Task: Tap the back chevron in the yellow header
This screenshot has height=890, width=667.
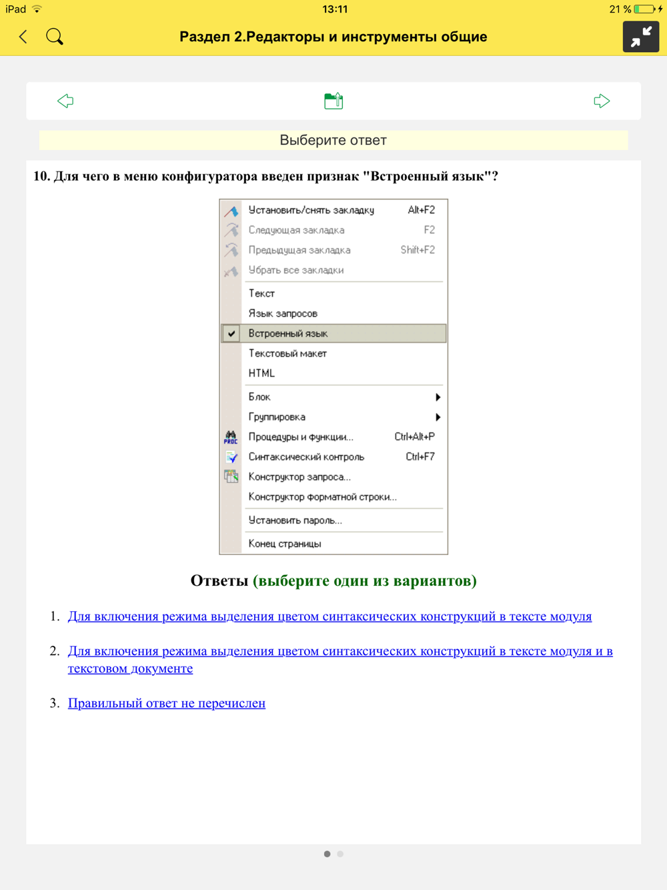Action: point(23,37)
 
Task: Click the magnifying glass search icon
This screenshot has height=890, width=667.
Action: point(55,37)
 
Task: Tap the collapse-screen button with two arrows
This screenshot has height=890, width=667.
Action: point(640,37)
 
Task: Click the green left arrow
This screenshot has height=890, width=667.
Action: point(65,101)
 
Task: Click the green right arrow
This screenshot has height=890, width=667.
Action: point(602,101)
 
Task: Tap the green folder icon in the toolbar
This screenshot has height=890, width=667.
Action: point(333,101)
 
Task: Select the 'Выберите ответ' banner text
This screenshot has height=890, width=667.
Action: point(333,140)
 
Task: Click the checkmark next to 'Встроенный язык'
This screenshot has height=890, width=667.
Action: point(231,334)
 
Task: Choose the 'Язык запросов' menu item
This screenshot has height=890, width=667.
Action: point(283,314)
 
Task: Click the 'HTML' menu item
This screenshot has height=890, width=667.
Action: point(261,374)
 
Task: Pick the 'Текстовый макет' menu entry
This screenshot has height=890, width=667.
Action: point(287,354)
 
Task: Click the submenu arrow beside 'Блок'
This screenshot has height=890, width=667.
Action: point(438,397)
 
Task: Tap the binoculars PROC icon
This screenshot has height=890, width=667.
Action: point(231,437)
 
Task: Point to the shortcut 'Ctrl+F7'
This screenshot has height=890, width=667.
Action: point(420,457)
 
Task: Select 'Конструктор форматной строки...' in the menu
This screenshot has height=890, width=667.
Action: point(322,497)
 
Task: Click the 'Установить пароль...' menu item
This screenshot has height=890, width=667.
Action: point(295,520)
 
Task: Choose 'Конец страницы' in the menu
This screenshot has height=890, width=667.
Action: point(285,544)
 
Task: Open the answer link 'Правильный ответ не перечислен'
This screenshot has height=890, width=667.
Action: point(167,703)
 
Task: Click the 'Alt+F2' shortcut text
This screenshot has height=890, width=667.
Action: point(421,210)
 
